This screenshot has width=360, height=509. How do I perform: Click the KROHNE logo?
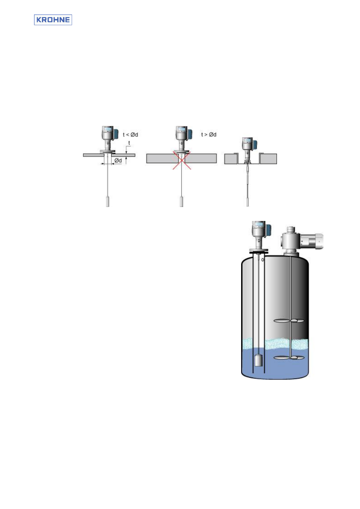[53, 20]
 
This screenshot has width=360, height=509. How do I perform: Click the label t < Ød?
[130, 135]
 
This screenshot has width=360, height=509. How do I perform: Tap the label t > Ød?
[209, 135]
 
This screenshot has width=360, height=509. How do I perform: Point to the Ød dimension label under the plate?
[118, 160]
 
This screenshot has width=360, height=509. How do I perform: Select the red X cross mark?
[182, 160]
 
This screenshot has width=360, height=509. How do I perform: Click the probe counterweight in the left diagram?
[108, 202]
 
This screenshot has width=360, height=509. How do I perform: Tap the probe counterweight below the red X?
[182, 202]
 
